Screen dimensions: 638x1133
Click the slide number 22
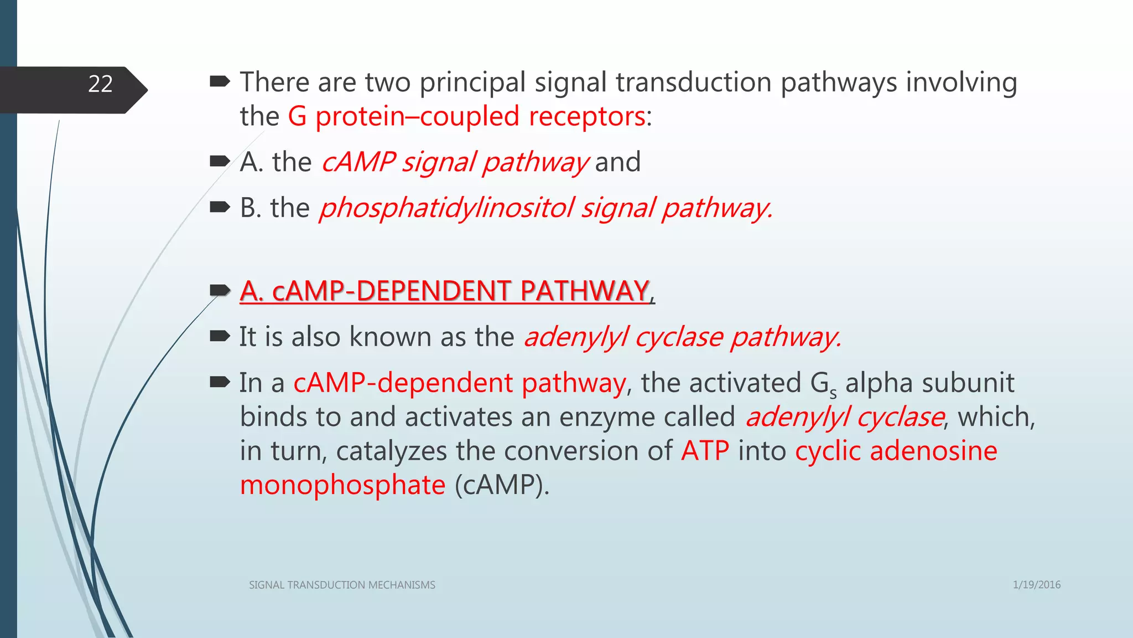point(100,84)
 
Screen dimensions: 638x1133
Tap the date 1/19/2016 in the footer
point(1036,585)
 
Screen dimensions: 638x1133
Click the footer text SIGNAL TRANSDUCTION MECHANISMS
point(342,585)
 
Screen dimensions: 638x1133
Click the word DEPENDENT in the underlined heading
point(433,291)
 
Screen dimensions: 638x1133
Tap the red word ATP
point(705,451)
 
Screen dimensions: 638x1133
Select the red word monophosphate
point(342,485)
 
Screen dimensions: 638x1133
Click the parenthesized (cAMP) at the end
point(501,485)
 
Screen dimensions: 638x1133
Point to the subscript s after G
point(833,393)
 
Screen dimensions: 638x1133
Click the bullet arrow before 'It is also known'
point(220,336)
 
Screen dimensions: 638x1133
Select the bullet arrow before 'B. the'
point(220,207)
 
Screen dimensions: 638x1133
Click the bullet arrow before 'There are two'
point(220,82)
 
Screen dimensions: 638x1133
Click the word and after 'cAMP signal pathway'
point(617,162)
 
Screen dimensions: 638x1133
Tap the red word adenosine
point(933,451)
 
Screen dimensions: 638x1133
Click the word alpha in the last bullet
point(879,383)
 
